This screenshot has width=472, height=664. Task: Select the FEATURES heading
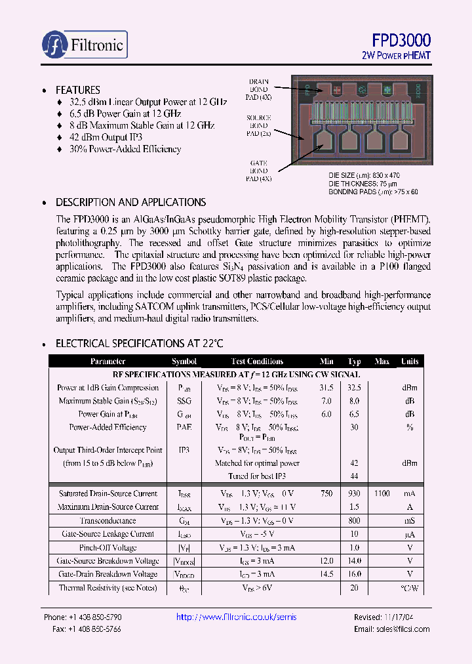pos(78,90)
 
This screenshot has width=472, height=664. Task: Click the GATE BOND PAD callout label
pos(258,170)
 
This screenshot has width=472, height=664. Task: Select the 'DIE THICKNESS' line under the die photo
pos(364,184)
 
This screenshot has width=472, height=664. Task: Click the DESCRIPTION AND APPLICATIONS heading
pos(130,202)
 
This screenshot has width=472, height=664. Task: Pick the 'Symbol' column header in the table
pos(184,362)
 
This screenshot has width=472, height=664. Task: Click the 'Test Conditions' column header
pos(257,362)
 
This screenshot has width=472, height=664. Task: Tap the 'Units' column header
pos(410,362)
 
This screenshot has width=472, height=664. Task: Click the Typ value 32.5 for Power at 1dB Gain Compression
pos(355,388)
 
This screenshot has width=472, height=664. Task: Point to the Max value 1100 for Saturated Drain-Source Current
pos(382,493)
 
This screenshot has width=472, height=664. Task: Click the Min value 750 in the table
pos(326,493)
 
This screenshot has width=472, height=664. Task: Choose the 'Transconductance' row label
pos(108,520)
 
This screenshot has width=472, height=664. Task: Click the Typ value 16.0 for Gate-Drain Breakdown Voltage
pos(355,574)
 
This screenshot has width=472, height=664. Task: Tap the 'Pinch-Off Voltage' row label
pos(108,547)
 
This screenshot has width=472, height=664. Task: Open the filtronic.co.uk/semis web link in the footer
pos(237,617)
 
